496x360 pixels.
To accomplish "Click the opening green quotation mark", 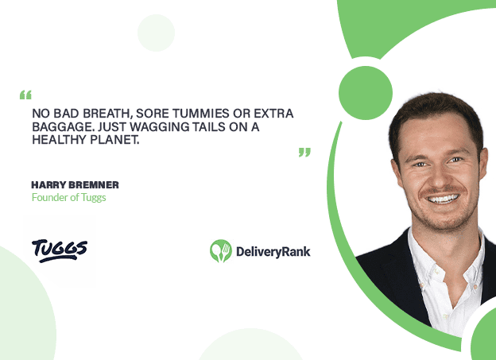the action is click(x=25, y=95).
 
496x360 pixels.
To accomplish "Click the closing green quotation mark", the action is click(x=304, y=152).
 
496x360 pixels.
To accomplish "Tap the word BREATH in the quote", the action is click(x=106, y=114).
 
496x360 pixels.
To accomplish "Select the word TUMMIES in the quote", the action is click(x=200, y=114).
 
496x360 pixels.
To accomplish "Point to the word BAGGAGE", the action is click(x=63, y=126).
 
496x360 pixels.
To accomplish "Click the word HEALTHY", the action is click(x=60, y=140).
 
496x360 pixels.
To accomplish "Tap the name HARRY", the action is click(x=48, y=184).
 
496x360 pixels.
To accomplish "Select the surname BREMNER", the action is click(x=94, y=184).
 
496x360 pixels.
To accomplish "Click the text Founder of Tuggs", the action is click(x=68, y=197).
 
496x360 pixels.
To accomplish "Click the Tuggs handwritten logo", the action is click(x=60, y=250).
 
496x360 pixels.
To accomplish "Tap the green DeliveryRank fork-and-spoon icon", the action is click(x=221, y=251).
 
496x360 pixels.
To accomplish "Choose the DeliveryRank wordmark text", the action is click(x=273, y=252).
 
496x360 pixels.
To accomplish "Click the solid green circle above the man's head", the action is click(x=366, y=93).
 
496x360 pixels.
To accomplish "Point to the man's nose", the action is click(x=439, y=178).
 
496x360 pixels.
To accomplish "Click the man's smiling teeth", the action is click(x=444, y=199).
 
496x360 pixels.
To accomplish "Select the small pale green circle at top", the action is click(x=156, y=33).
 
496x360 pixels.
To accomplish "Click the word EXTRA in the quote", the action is click(x=273, y=114).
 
